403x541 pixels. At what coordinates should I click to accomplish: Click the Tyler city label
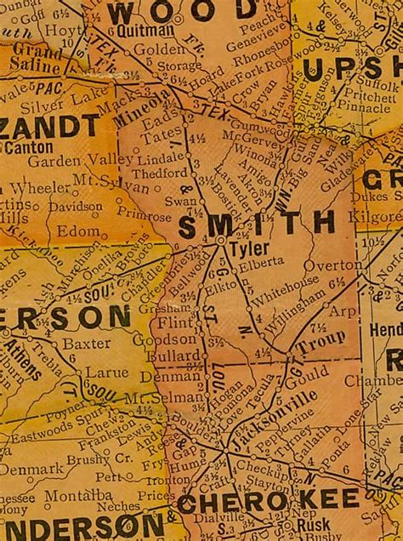(x=249, y=248)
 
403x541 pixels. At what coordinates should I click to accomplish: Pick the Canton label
(x=29, y=147)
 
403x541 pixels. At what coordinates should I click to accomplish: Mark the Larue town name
(x=107, y=373)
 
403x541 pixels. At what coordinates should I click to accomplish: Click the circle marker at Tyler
(x=220, y=242)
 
